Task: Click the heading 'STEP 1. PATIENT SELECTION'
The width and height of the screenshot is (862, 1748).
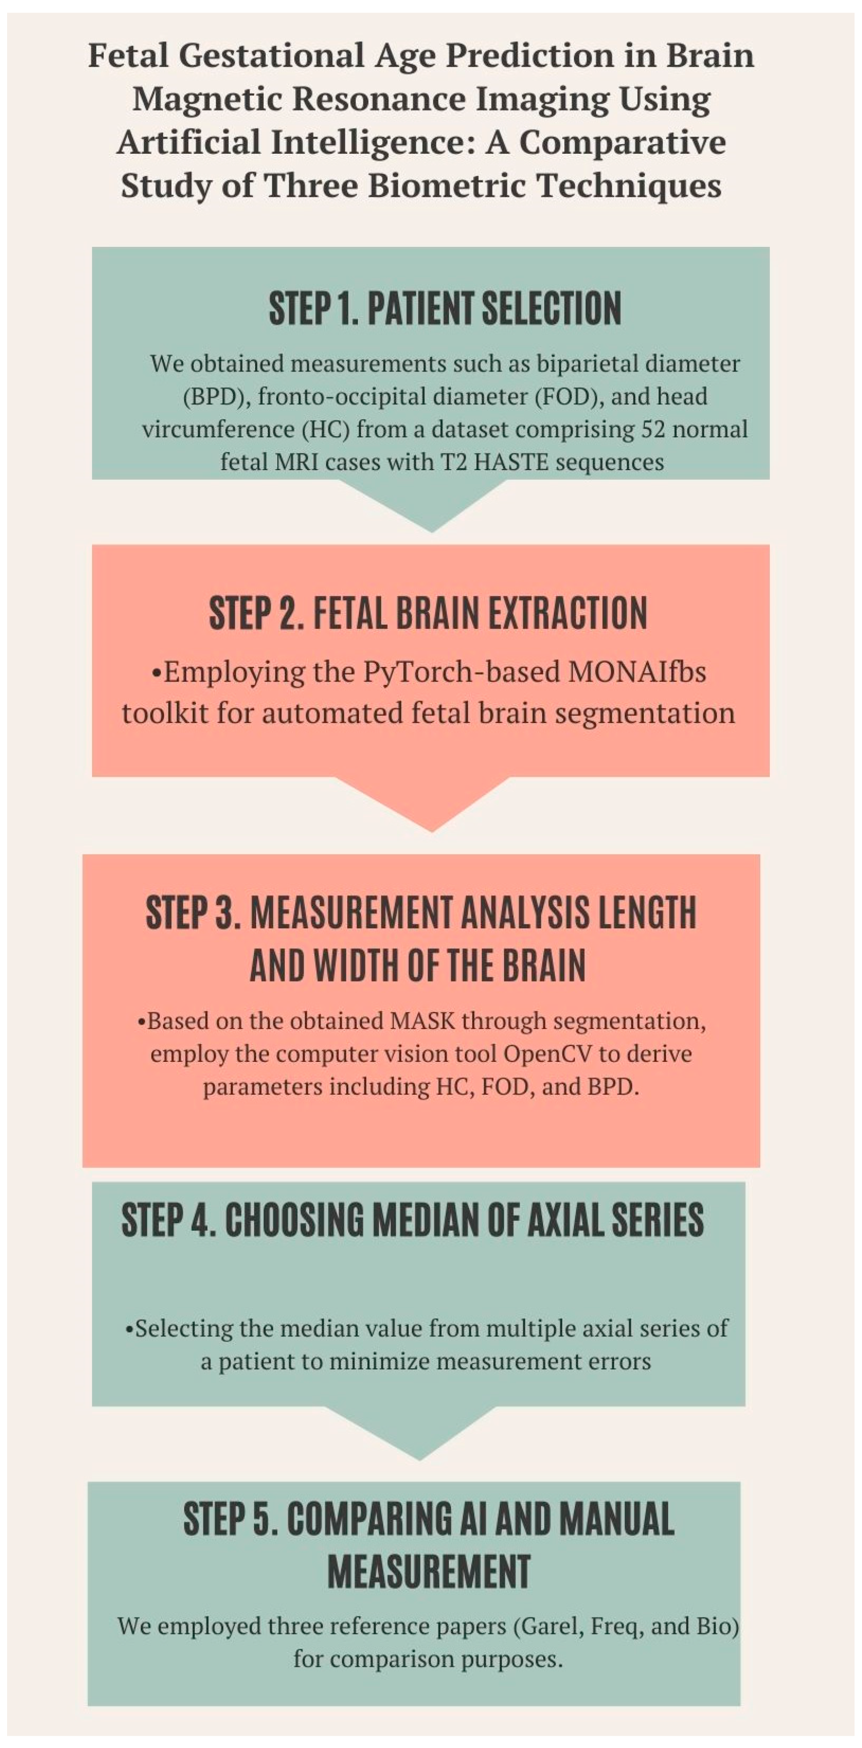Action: pyautogui.click(x=444, y=309)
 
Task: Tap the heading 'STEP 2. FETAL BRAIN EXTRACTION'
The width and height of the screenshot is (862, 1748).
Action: pyautogui.click(x=428, y=613)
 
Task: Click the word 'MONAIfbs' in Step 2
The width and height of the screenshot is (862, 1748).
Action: pyautogui.click(x=637, y=672)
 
